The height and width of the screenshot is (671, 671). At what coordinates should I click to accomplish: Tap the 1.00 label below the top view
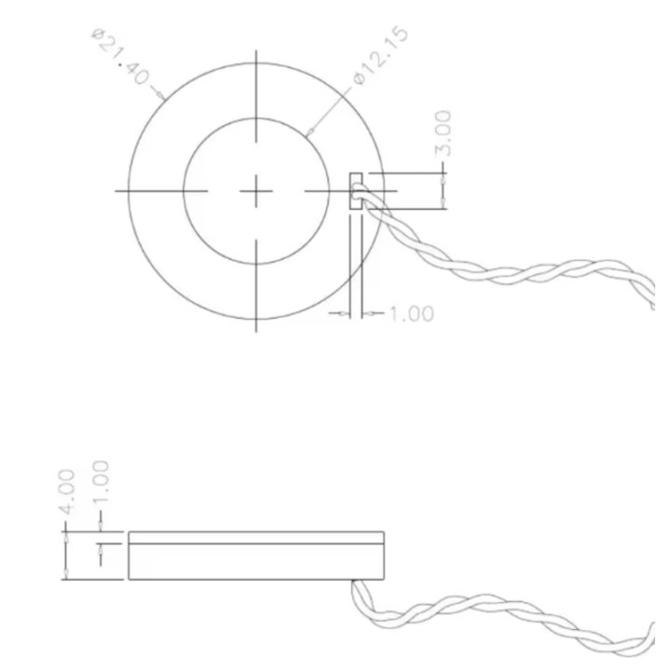[x=410, y=313]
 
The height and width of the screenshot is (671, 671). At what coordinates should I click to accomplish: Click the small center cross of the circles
[x=255, y=191]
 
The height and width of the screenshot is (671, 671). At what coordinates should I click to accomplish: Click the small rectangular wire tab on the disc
[x=355, y=190]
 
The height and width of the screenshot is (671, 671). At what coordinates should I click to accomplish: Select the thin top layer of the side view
[x=256, y=537]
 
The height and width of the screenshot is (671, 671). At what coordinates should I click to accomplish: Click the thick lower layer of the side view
[x=256, y=560]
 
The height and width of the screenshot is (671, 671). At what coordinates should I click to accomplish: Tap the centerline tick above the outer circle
[x=255, y=84]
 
